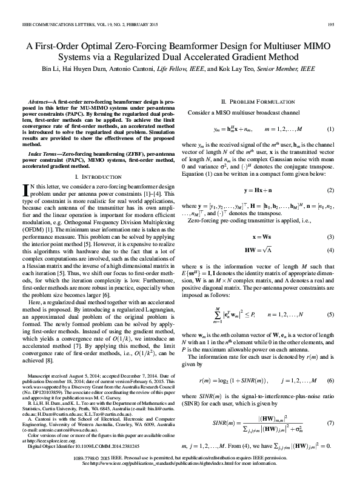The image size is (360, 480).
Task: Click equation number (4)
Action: (331, 250)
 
